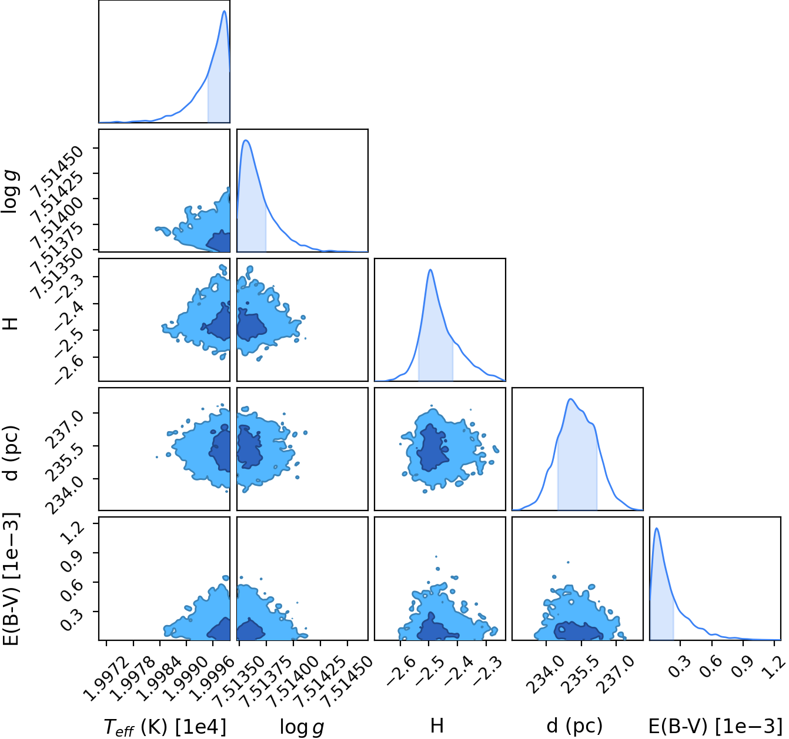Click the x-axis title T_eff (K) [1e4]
(x=165, y=726)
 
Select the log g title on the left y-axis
(x=10, y=192)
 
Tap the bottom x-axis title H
(x=437, y=725)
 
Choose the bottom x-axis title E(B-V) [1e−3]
(x=716, y=726)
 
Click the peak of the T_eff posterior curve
(x=224, y=11)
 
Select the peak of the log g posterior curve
(x=246, y=140)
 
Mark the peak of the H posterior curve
(x=430, y=270)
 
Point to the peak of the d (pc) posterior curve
(x=570, y=399)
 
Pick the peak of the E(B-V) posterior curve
(x=657, y=528)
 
